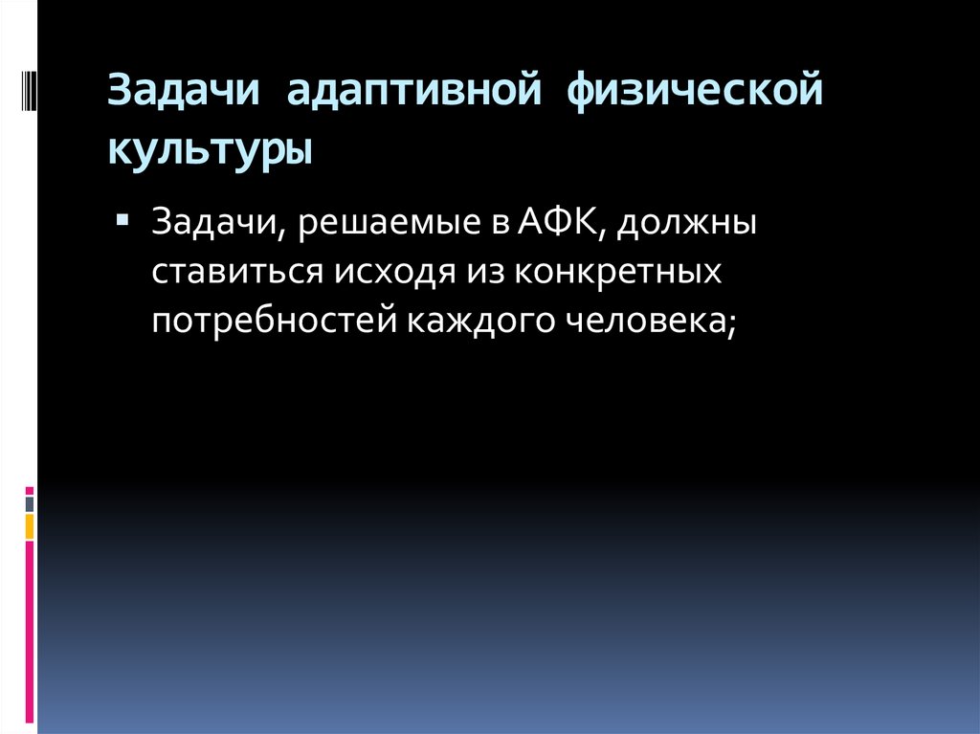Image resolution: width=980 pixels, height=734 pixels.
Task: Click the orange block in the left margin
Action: click(x=30, y=526)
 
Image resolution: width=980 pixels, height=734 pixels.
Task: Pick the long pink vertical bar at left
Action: click(x=30, y=632)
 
